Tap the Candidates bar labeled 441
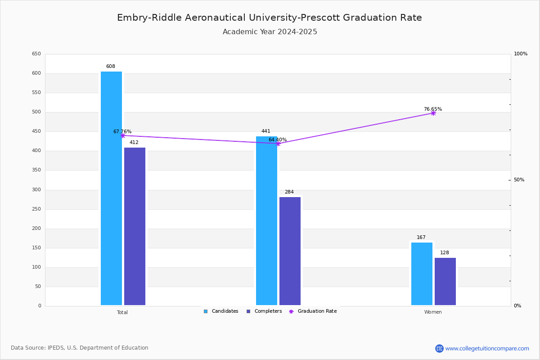click(266, 220)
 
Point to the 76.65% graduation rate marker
click(433, 113)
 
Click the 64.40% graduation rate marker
click(278, 144)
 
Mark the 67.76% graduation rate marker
click(122, 135)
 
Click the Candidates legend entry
click(221, 311)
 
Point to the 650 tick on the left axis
click(36, 54)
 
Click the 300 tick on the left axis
click(36, 190)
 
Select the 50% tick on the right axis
click(519, 180)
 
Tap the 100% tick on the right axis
click(520, 54)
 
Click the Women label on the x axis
click(433, 312)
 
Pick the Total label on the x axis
click(122, 312)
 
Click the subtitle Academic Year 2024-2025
click(270, 32)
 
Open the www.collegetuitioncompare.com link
click(487, 348)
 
